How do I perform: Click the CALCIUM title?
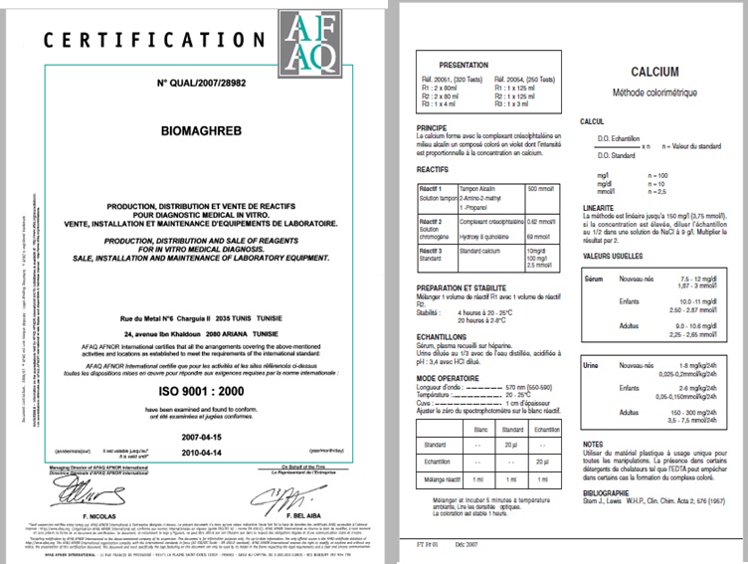coord(654,72)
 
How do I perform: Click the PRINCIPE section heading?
coord(434,128)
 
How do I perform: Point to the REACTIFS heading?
coord(434,170)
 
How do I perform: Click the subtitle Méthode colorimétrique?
coord(654,93)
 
